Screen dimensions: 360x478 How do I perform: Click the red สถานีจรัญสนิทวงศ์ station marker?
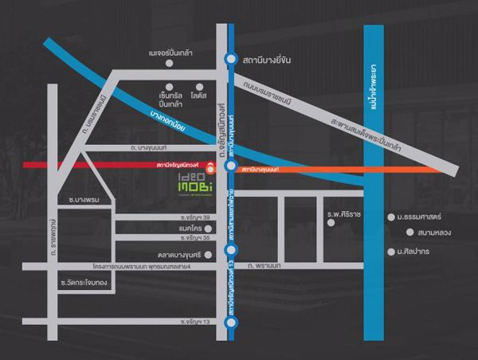[x=210, y=167]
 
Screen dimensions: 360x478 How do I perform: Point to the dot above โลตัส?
[x=199, y=85]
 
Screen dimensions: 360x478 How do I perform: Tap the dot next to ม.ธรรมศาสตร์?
[x=391, y=216]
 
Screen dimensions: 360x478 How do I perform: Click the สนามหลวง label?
[x=433, y=233]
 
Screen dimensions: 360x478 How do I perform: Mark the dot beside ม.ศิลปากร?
[x=391, y=249]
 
